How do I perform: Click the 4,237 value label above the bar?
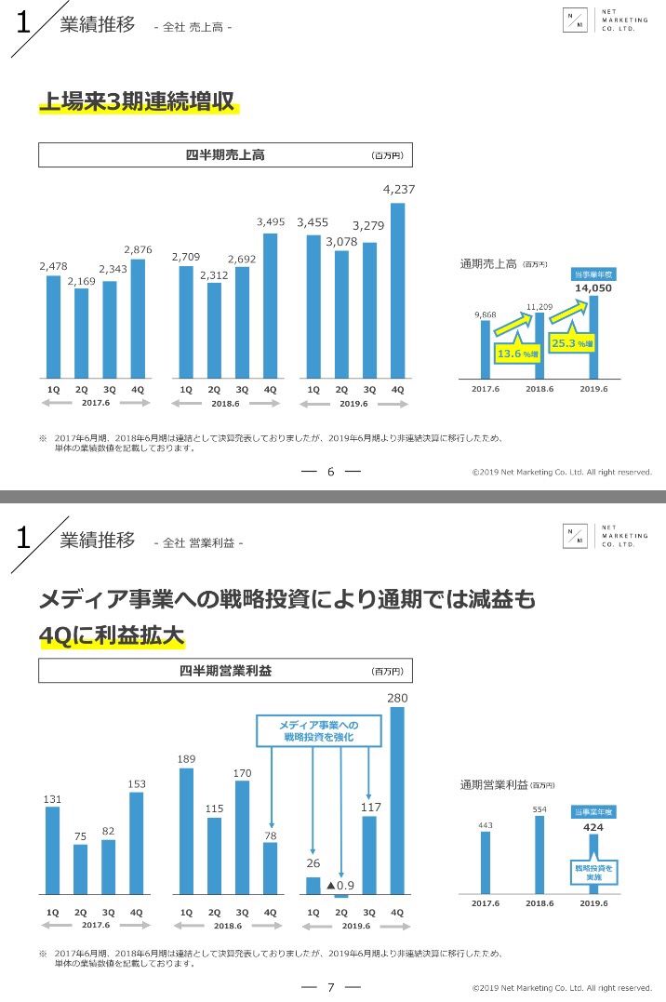coord(398,189)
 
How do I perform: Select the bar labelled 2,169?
coord(81,330)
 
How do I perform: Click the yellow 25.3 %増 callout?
coord(572,343)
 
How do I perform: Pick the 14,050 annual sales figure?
coord(593,288)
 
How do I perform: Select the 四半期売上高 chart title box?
coord(225,155)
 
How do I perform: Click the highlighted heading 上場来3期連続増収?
coord(137,102)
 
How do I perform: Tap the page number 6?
coord(330,472)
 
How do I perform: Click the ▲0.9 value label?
coord(340,884)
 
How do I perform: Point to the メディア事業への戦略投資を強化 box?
coord(318,730)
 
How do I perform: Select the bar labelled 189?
coord(186,831)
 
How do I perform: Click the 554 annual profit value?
coord(539,809)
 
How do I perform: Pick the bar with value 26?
coord(313,885)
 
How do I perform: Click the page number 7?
coord(330,987)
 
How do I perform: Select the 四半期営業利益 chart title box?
coord(225,670)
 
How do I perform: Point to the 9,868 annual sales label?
coord(485,314)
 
